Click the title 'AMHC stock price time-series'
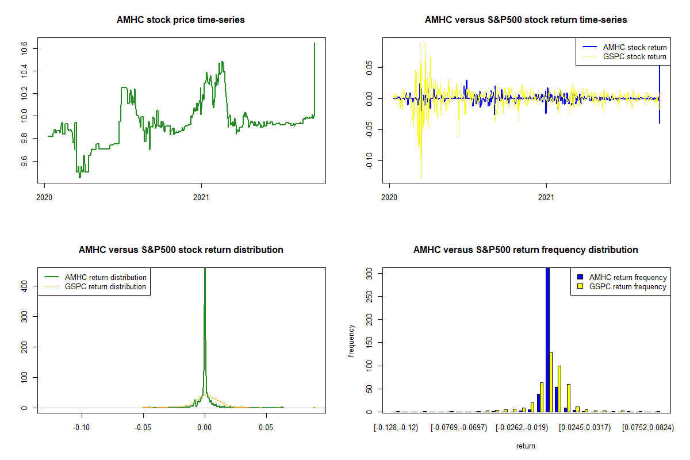(181, 20)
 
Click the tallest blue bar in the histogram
(547, 339)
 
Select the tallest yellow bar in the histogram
(551, 382)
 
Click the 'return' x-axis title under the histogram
(526, 446)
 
